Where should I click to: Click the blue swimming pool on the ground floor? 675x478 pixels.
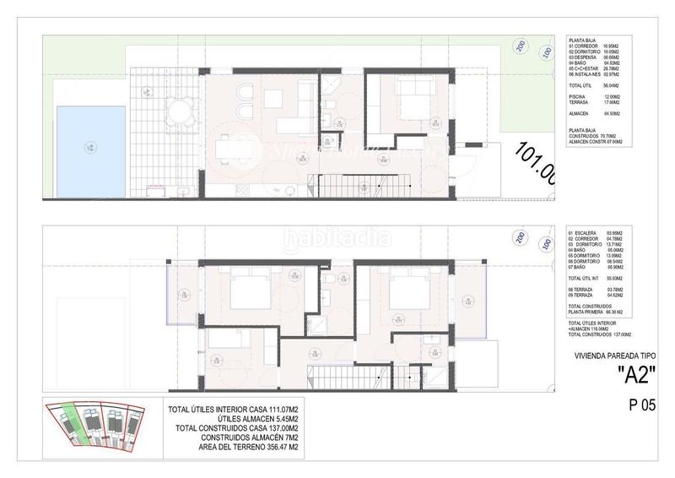click(x=88, y=149)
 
